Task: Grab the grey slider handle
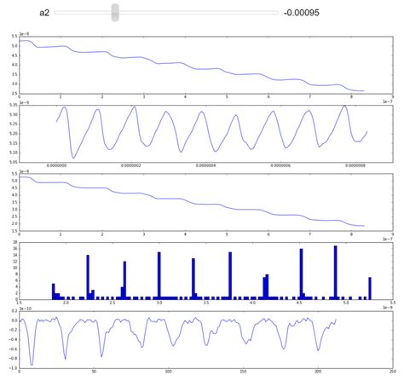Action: pyautogui.click(x=115, y=12)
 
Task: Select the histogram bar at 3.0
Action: pyautogui.click(x=159, y=274)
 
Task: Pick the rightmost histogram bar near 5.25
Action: pyautogui.click(x=370, y=287)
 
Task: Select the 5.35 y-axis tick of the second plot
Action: pyautogui.click(x=13, y=106)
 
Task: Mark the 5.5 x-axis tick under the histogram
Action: pyautogui.click(x=391, y=303)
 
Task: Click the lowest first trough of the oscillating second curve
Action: pyautogui.click(x=73, y=157)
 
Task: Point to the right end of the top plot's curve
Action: pyautogui.click(x=364, y=90)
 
